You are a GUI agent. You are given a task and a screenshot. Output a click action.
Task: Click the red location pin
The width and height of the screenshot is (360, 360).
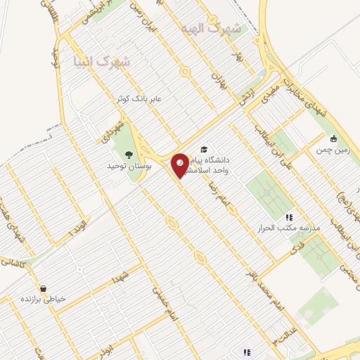(180, 164)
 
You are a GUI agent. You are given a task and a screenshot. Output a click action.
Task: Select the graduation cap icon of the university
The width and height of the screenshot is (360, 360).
(204, 150)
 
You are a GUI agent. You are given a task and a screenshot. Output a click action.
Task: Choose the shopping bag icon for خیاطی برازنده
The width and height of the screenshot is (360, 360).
(44, 289)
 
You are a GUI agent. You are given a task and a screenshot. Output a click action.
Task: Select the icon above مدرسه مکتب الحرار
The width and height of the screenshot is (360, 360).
(288, 218)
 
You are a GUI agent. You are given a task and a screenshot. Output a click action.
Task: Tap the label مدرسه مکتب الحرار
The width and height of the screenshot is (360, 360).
(282, 229)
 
